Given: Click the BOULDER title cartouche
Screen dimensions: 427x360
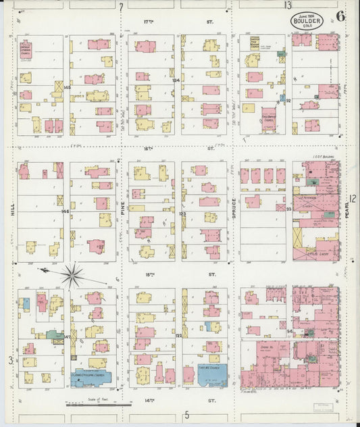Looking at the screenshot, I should click(307, 22).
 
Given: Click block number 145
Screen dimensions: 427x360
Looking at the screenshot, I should click(67, 87).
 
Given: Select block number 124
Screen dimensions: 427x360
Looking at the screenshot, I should click(176, 80).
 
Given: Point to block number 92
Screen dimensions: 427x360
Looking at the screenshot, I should click(288, 101).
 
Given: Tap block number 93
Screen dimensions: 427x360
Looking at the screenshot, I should click(288, 209).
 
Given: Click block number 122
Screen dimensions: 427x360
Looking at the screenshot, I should click(179, 336).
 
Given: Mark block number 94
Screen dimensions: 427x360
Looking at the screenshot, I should click(289, 332).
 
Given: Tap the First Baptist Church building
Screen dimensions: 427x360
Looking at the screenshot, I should click(268, 120).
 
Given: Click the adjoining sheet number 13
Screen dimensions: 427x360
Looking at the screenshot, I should click(288, 5).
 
